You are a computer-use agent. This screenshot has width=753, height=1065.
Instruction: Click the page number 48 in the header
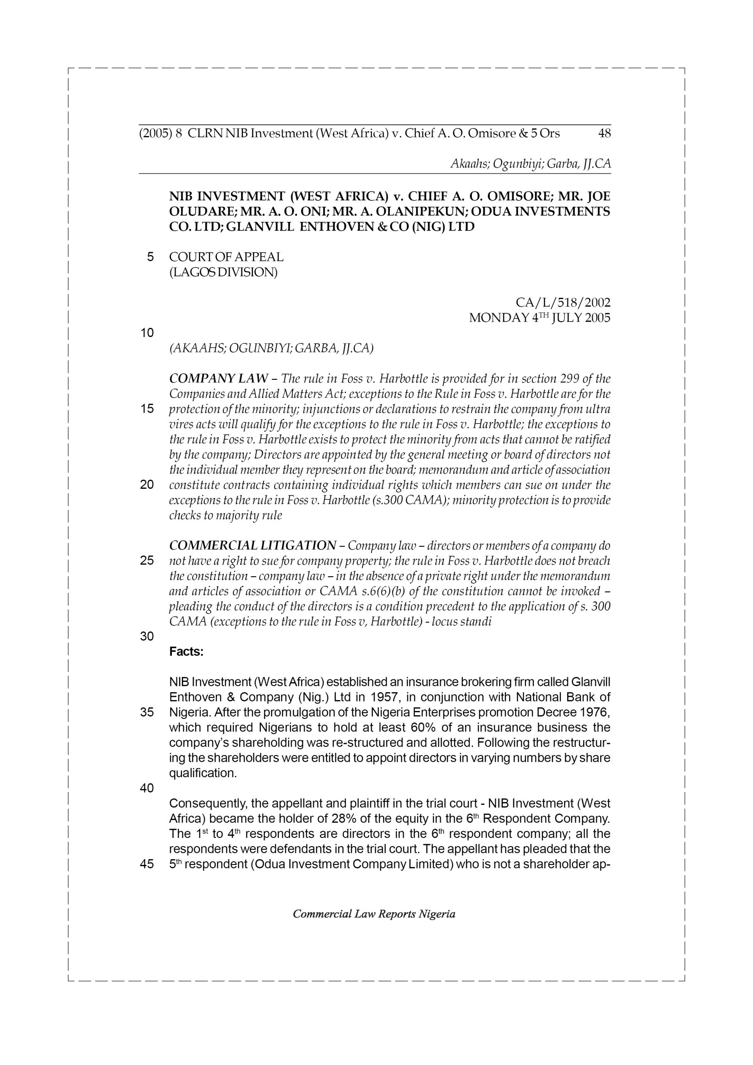(604, 134)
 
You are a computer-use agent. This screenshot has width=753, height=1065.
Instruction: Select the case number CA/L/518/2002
(563, 303)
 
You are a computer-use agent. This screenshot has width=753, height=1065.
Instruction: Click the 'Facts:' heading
(186, 652)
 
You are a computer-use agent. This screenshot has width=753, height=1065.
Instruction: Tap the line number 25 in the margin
(147, 561)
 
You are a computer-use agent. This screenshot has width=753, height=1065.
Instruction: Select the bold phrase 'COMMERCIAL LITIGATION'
(253, 545)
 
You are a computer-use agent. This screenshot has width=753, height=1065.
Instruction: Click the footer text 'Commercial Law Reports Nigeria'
(374, 914)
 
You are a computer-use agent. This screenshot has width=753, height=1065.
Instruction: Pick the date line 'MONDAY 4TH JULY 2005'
(540, 318)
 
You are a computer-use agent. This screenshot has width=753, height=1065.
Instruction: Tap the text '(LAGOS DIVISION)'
(223, 272)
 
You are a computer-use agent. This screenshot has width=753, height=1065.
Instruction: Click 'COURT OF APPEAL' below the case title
(226, 257)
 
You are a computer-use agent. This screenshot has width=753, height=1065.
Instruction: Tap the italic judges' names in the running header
(530, 164)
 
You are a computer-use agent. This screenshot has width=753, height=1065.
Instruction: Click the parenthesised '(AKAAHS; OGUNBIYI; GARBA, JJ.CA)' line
(271, 348)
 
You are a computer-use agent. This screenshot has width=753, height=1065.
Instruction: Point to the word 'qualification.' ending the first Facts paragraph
(203, 773)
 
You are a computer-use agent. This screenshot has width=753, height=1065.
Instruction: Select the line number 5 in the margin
(150, 257)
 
